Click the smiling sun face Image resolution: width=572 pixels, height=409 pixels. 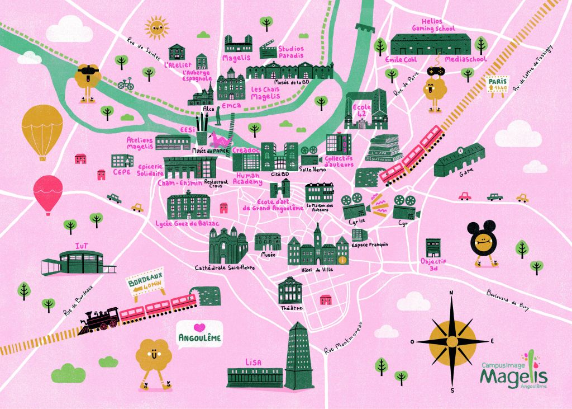point(156,26)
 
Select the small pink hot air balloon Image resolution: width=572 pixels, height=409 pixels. point(48,192)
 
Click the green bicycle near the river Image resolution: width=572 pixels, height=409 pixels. point(126,84)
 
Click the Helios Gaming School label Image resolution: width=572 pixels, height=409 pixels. point(433,25)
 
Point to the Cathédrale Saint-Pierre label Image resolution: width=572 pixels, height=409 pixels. point(225,267)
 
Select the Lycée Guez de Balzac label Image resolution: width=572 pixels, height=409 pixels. point(187,224)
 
